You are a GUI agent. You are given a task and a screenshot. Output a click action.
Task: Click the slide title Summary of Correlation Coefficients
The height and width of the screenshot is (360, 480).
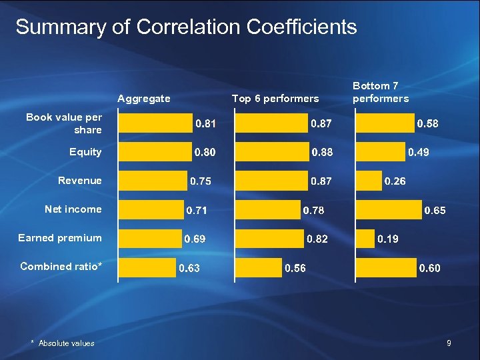click(186, 27)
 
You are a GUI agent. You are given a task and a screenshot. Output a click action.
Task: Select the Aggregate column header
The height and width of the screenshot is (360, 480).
click(144, 99)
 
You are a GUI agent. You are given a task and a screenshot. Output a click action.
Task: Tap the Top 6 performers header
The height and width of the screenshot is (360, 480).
click(275, 99)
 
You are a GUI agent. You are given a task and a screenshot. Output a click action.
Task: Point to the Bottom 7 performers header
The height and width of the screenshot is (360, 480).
click(380, 92)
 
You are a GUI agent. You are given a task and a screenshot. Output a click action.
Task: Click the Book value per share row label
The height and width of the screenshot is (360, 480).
click(64, 123)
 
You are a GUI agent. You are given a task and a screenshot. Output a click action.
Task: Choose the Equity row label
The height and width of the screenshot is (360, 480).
click(85, 152)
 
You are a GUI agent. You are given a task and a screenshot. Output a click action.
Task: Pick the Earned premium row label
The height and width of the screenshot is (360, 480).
click(60, 238)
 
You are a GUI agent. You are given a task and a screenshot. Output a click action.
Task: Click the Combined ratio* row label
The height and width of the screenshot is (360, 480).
click(61, 267)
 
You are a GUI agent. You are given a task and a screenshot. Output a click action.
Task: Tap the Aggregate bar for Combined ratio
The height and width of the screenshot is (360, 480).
click(147, 267)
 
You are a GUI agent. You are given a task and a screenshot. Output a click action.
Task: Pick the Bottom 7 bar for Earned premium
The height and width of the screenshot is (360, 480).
click(365, 238)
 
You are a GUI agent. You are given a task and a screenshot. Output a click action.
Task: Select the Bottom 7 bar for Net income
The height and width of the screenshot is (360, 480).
click(389, 209)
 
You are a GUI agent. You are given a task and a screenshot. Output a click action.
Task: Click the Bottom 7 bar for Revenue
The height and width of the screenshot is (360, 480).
click(368, 181)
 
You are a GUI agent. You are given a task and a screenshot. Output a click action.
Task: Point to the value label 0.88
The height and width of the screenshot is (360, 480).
click(323, 153)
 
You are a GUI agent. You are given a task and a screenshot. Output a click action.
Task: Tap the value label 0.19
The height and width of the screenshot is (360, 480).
click(388, 239)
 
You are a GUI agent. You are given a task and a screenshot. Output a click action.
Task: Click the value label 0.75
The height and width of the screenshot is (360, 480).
click(202, 181)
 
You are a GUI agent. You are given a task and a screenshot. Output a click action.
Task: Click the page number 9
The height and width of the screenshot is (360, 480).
click(449, 343)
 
